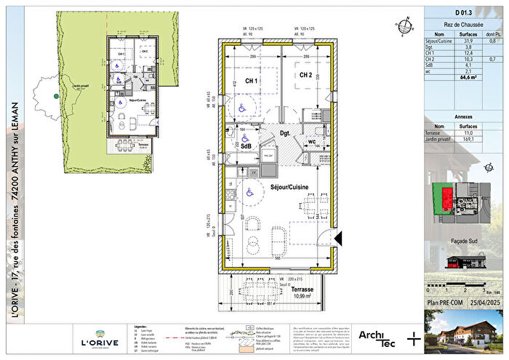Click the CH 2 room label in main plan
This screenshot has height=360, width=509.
(305, 75)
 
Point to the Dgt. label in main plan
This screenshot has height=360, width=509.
(285, 133)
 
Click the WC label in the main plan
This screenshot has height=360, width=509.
(311, 142)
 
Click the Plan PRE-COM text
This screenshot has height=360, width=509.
(447, 301)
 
